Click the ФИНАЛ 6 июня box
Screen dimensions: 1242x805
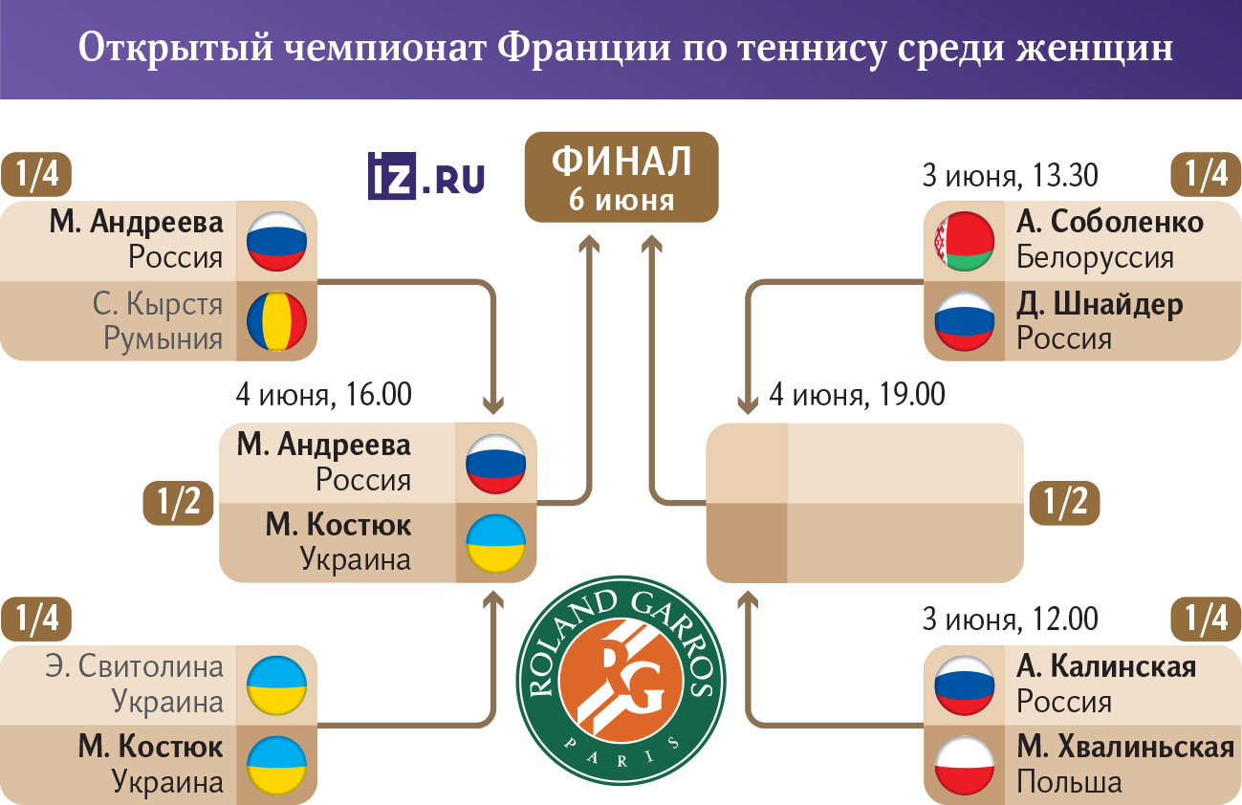coord(621,177)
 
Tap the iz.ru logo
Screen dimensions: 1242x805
coord(425,176)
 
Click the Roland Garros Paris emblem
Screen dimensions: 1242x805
coord(621,681)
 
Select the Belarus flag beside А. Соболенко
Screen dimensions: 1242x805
coord(964,241)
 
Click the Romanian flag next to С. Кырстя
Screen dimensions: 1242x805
coord(276,321)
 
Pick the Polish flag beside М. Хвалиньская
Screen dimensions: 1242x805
coord(964,766)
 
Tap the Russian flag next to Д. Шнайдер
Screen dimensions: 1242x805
coord(964,321)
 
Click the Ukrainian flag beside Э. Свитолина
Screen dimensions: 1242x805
coord(276,685)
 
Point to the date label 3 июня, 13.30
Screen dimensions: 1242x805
coord(1010,176)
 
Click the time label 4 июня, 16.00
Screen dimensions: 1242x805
coord(324,395)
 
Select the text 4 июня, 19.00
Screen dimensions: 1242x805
coord(857,395)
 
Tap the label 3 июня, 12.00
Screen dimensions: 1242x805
coord(1010,620)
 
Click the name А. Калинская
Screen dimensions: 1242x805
coord(1106,666)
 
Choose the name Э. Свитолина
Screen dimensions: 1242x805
coord(134,666)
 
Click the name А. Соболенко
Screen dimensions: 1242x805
coord(1109,222)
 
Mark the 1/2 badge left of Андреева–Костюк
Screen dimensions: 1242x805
coord(178,503)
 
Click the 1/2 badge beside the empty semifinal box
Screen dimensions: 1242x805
coord(1064,503)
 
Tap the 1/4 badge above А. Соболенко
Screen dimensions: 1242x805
coord(1206,175)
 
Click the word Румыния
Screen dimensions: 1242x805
coord(163,338)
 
